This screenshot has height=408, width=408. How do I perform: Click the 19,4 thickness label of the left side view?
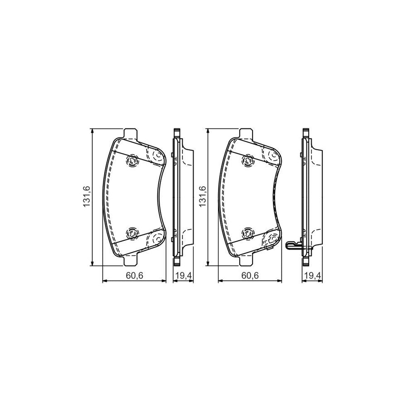(184, 275)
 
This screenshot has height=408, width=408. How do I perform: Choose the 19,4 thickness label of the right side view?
(312, 275)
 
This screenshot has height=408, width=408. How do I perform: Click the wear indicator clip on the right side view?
(295, 245)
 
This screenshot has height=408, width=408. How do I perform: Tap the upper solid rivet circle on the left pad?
(132, 160)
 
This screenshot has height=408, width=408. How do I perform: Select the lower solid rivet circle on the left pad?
(132, 233)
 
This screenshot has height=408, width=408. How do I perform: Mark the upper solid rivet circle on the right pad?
(248, 160)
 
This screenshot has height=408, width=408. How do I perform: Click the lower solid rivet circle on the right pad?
(248, 233)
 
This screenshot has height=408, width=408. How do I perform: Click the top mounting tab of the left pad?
(131, 133)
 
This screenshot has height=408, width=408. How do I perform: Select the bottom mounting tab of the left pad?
(131, 262)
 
